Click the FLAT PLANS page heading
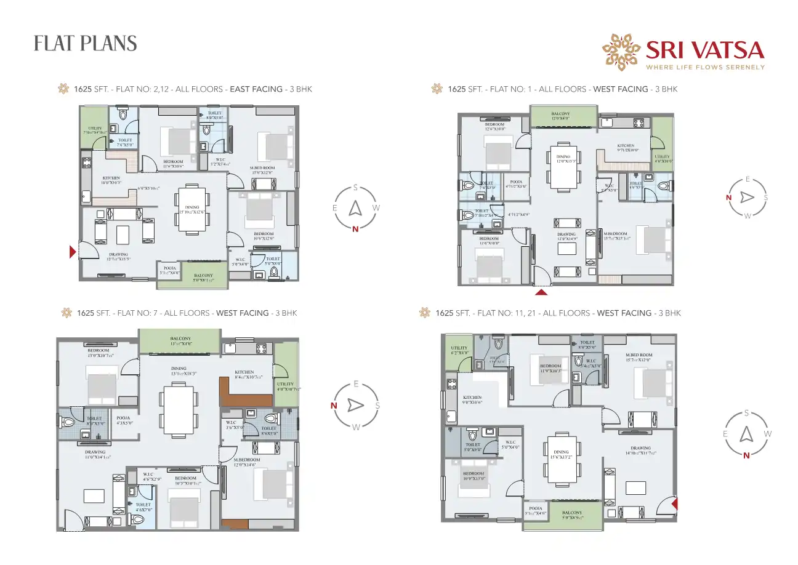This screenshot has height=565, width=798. tap(85, 44)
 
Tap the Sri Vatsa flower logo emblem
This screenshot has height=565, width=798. tap(621, 51)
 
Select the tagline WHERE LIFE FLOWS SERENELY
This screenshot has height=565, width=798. tap(704, 67)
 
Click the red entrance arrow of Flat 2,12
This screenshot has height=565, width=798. tap(73, 251)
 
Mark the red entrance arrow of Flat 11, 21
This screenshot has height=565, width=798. tap(675, 504)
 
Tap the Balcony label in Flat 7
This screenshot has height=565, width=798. tap(180, 339)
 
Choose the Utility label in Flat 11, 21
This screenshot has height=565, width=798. tap(459, 348)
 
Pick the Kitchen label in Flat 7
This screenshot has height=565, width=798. tap(244, 372)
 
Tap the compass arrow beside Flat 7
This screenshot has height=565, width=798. tap(355, 405)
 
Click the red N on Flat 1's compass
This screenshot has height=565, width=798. tap(728, 198)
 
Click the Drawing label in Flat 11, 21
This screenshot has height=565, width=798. tap(640, 448)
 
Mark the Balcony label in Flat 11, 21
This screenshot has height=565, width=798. tap(572, 513)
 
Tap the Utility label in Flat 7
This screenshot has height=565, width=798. tap(285, 383)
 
